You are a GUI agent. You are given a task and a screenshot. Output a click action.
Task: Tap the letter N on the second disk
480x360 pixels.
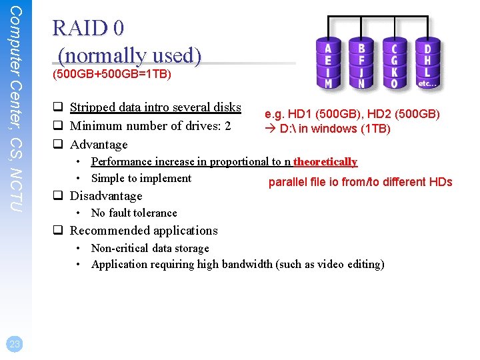(x=361, y=84)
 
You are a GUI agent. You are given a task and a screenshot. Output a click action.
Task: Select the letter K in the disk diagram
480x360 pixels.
(x=394, y=72)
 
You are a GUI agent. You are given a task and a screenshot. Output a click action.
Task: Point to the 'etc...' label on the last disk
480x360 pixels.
(x=427, y=83)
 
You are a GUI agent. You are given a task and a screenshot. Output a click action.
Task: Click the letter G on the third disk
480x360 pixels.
(x=394, y=60)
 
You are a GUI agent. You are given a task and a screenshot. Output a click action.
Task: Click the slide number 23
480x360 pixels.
(x=15, y=344)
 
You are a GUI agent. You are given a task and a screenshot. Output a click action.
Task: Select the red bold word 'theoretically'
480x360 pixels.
(x=325, y=161)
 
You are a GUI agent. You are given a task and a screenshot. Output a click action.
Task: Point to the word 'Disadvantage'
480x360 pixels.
(x=106, y=196)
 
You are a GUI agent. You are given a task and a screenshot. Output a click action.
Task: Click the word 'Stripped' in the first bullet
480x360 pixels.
(x=91, y=107)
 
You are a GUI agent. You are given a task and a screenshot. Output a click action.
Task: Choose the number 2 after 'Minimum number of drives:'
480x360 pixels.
(x=227, y=125)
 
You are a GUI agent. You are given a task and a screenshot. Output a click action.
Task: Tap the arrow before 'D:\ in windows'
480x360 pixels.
(x=270, y=129)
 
